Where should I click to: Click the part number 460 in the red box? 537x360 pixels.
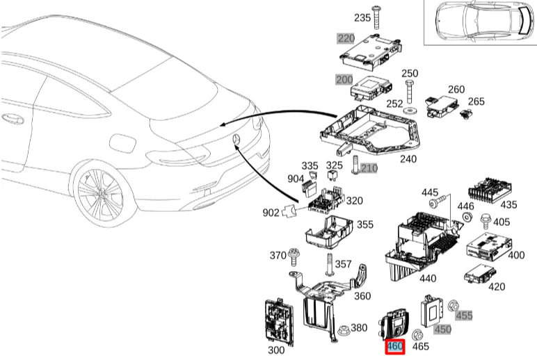395,345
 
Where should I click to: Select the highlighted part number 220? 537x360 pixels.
346,38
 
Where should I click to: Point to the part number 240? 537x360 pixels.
408,158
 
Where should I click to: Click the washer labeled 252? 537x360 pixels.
410,109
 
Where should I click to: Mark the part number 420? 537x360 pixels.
497,286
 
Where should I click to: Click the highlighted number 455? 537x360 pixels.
464,315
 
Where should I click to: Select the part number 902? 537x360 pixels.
271,212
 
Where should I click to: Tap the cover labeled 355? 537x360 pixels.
330,231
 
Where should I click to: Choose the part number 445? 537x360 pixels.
430,191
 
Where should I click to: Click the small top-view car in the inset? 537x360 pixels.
479,22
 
